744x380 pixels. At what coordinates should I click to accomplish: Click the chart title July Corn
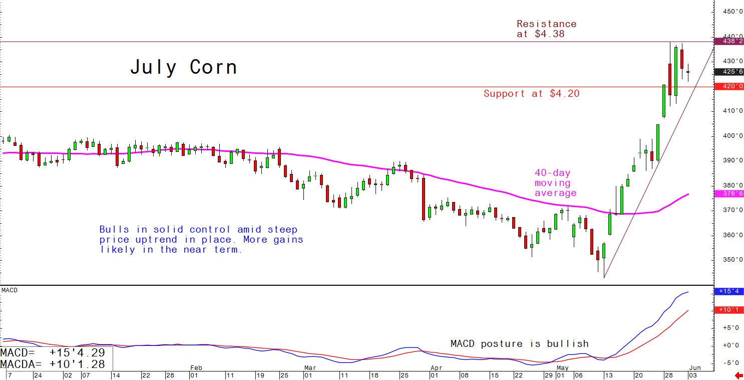[184, 67]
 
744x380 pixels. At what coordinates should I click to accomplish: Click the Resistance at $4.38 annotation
[546, 29]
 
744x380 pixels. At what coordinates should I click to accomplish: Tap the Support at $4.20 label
[531, 93]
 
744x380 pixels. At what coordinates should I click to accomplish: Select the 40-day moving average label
[555, 183]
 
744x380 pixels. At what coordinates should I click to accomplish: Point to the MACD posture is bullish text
[519, 344]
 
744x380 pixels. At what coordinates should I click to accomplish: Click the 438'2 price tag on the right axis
[730, 42]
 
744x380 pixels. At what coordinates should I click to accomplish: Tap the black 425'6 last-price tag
[730, 72]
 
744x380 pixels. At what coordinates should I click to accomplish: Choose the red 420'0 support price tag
[730, 86]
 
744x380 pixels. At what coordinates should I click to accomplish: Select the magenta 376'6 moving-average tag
[730, 194]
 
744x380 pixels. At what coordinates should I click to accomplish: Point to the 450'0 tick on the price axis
[731, 12]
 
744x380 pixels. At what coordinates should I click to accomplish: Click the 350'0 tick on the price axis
[731, 260]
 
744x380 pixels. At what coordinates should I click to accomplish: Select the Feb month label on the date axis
[196, 368]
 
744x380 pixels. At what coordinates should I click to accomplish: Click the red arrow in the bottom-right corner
[738, 375]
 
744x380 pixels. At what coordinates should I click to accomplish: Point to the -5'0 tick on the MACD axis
[731, 363]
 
